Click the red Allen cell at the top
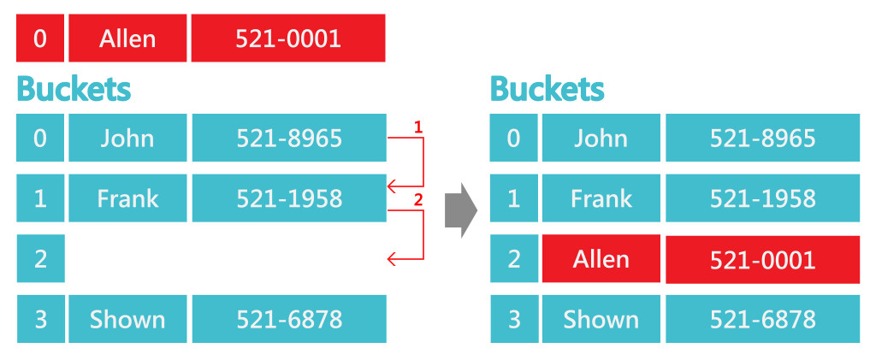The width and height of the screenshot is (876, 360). tap(127, 38)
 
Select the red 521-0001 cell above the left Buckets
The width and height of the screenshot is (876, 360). tap(287, 38)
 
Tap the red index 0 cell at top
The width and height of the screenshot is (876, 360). tap(40, 38)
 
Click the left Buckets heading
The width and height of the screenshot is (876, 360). tap(74, 89)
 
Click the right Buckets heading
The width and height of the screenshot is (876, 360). tap(547, 89)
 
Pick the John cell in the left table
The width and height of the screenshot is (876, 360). tap(127, 138)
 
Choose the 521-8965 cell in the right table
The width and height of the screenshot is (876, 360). tap(762, 138)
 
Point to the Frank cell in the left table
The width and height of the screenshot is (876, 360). tap(127, 198)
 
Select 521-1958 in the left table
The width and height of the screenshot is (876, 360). tap(288, 198)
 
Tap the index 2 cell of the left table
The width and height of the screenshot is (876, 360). tap(40, 259)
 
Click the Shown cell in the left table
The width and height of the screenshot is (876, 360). tap(127, 319)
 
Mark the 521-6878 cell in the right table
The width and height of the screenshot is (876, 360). tap(762, 319)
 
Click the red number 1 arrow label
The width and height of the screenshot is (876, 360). tap(418, 127)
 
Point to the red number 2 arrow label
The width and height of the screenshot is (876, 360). tap(418, 200)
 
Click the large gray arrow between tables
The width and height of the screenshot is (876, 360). tap(460, 210)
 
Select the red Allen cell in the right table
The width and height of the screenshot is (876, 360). tap(601, 259)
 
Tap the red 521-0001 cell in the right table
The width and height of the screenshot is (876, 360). tap(762, 259)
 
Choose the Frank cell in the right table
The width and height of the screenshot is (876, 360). tap(601, 198)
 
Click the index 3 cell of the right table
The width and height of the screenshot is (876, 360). tap(513, 319)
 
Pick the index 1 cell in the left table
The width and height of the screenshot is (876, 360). tap(40, 198)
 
